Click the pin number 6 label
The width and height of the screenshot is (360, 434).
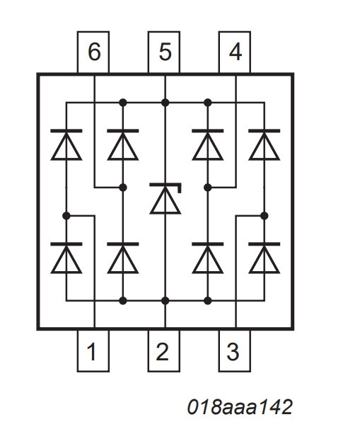point(94,52)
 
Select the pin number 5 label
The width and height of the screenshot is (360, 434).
point(165,52)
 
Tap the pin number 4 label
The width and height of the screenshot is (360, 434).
point(236,52)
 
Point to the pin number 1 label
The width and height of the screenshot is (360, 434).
point(91,351)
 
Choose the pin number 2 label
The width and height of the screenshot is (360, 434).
point(162,351)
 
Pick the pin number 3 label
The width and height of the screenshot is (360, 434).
point(233,351)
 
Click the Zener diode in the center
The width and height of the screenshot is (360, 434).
point(166,198)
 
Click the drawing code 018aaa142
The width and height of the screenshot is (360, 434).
point(240,407)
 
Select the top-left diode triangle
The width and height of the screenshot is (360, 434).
point(66,146)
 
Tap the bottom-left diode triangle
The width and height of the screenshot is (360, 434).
point(66,259)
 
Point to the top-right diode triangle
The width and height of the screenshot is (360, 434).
point(265,146)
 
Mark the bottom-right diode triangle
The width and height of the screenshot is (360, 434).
point(265,259)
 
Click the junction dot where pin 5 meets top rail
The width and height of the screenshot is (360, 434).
point(165,103)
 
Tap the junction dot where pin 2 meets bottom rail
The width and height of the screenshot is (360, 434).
point(165,301)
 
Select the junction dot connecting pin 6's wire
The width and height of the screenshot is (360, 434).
point(123,188)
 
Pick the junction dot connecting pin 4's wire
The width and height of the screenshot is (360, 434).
point(208,188)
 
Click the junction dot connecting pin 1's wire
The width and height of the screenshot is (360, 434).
point(66,216)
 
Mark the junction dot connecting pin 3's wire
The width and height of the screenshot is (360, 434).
point(265,216)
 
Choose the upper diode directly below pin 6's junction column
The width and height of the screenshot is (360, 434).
point(123,144)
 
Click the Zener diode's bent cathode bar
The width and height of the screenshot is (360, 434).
point(166,184)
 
